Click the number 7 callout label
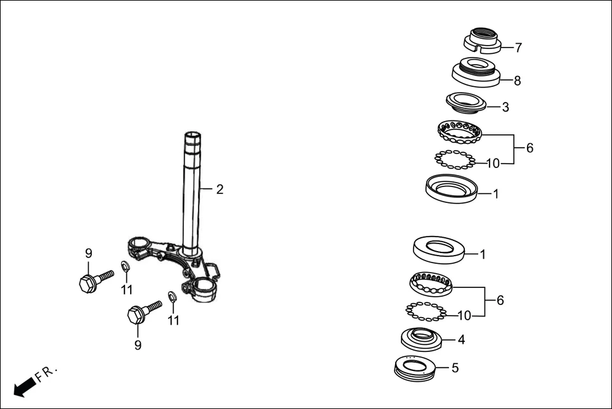point(518,48)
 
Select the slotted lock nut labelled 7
point(483,40)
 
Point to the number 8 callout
point(518,81)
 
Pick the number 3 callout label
point(505,107)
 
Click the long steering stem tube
point(192,190)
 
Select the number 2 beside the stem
point(219,190)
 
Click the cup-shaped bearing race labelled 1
point(450,189)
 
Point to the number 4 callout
point(461,339)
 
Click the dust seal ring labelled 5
point(417,367)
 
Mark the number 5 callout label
point(455,368)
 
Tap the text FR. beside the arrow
point(46,373)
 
